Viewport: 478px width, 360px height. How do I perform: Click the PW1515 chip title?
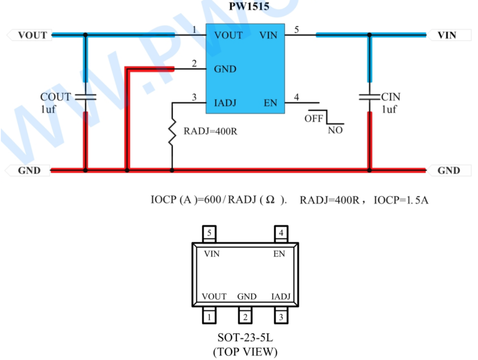(249, 6)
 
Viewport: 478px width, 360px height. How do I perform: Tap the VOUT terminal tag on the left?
(29, 35)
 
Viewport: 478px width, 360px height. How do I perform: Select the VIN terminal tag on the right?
(449, 35)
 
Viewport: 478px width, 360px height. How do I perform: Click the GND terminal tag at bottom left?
(28, 170)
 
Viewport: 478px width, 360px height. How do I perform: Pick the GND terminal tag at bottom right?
(449, 170)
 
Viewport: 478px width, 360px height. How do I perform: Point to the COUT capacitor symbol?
(86, 97)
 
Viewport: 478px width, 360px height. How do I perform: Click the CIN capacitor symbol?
(369, 97)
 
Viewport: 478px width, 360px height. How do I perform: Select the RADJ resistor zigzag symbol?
(172, 132)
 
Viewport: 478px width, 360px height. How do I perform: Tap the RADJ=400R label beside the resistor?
(210, 131)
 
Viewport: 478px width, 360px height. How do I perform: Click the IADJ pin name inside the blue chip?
(225, 103)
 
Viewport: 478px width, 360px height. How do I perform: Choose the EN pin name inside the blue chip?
(270, 103)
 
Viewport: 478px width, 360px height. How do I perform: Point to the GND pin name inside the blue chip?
(225, 69)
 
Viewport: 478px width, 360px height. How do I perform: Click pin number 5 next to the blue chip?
(296, 29)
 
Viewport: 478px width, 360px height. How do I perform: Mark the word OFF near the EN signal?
(314, 118)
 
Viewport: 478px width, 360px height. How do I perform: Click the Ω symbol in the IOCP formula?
(270, 200)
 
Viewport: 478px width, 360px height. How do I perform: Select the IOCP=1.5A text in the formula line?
(401, 200)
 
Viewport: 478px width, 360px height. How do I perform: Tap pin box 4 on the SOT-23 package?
(281, 233)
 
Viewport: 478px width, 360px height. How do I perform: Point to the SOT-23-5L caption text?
(245, 338)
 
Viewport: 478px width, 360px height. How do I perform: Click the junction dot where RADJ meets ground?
(172, 170)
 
